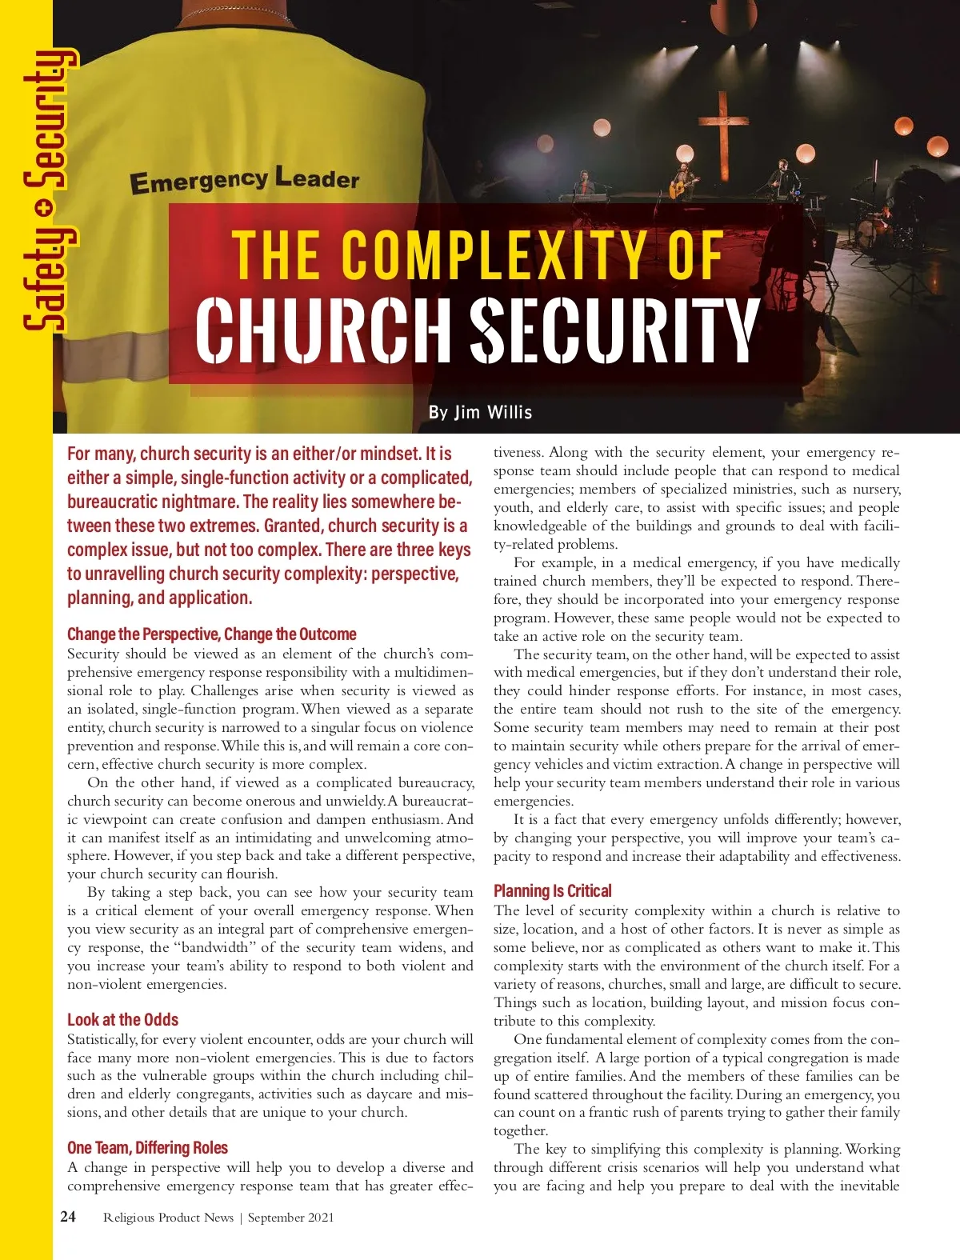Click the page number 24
pyautogui.click(x=68, y=1216)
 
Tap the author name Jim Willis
pyautogui.click(x=480, y=412)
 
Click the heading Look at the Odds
pyautogui.click(x=122, y=1019)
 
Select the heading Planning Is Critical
pyautogui.click(x=552, y=890)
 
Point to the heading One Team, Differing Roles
pyautogui.click(x=147, y=1147)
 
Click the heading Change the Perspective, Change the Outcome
pyautogui.click(x=211, y=634)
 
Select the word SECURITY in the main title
pyautogui.click(x=614, y=330)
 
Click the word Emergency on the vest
pyautogui.click(x=198, y=182)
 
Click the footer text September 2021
pyautogui.click(x=290, y=1218)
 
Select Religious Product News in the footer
pyautogui.click(x=168, y=1218)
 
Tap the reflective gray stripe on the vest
pyautogui.click(x=112, y=354)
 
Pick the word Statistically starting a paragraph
pyautogui.click(x=102, y=1039)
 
